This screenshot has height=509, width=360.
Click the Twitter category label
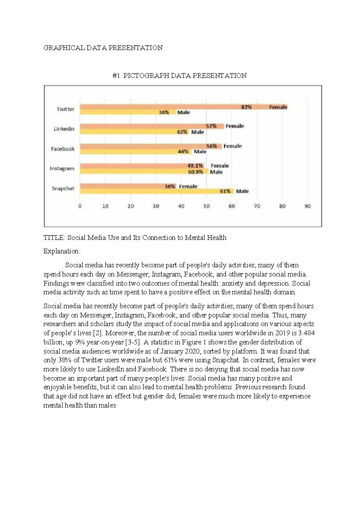point(65,109)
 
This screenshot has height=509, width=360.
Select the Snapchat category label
point(63,188)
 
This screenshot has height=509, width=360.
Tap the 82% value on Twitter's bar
point(246,107)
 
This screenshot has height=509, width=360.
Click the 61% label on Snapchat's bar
point(225,191)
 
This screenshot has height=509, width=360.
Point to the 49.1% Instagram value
point(195,166)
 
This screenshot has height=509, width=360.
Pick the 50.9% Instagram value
point(196,172)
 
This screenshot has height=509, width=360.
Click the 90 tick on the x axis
point(308,206)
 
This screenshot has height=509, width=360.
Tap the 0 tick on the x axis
point(80,206)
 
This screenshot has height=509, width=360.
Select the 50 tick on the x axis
point(206,206)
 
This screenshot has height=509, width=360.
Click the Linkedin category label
point(64,129)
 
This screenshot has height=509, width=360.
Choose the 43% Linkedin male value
point(182,132)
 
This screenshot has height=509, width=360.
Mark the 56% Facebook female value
point(211,146)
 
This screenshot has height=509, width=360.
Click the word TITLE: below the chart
point(54,238)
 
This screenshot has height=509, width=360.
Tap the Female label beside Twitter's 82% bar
point(278,107)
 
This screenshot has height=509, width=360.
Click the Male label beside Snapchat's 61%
point(242,191)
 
